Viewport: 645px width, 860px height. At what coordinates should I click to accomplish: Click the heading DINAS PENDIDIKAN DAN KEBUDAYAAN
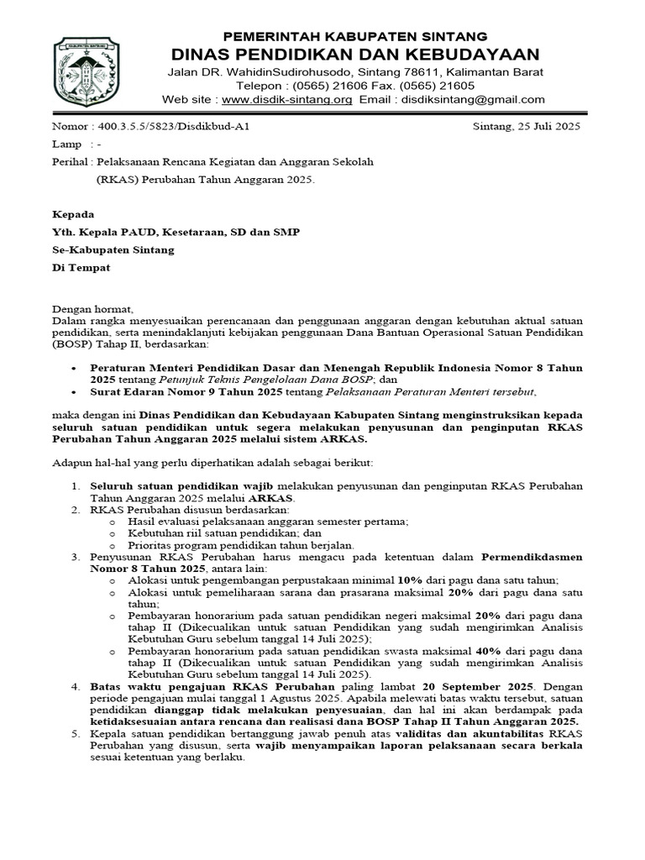point(354,53)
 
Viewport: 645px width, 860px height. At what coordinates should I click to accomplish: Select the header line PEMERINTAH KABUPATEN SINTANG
point(354,36)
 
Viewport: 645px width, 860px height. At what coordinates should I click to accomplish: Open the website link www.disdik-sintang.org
point(286,99)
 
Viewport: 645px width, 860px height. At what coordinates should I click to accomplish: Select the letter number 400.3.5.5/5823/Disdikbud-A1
point(174,127)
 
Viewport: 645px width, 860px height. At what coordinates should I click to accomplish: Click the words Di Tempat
point(81,268)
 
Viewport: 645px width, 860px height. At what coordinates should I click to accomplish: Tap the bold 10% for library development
point(410,580)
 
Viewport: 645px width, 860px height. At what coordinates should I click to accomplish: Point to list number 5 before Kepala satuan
point(76,733)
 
